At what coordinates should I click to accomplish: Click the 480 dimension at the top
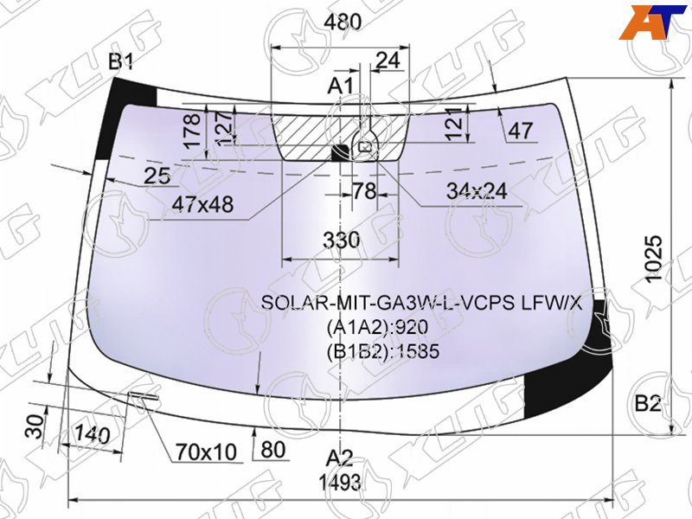point(343,21)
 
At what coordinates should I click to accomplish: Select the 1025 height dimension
point(654,259)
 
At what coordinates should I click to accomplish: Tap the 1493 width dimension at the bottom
point(340,483)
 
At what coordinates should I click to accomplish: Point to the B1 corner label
point(121,62)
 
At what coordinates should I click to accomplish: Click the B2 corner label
point(647,403)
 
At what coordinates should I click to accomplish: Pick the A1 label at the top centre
point(340,86)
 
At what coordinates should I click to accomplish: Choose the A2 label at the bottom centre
point(339,459)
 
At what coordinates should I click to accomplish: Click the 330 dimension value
point(342,240)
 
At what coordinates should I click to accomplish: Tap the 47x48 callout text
point(202,204)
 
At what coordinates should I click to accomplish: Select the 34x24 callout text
point(477,191)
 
